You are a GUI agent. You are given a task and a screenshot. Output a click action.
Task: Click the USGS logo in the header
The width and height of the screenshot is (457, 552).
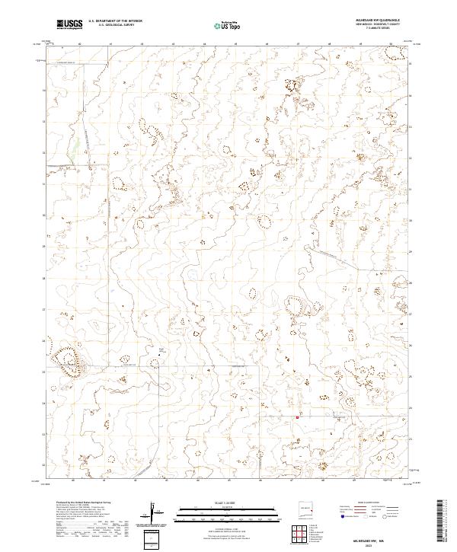coord(69,25)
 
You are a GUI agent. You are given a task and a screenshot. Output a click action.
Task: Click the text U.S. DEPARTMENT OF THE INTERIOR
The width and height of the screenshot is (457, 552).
coord(115,22)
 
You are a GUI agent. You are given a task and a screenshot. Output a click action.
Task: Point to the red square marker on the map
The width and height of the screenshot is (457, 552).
coord(296,416)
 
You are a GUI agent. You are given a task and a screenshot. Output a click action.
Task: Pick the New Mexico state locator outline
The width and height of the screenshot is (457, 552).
coord(308,509)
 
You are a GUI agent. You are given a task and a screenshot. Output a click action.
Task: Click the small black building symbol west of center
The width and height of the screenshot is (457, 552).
coord(161,353)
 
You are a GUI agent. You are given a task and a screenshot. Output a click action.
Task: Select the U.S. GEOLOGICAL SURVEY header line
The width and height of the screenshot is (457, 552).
coord(110,27)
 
